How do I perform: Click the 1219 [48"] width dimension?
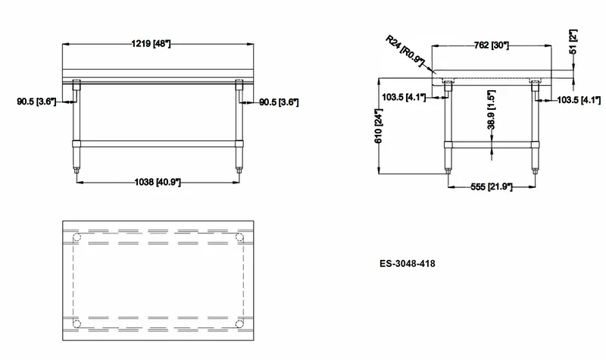[151, 43]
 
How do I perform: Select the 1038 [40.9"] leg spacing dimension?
[158, 182]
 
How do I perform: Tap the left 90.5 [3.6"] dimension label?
[36, 102]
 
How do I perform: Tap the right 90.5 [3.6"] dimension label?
[279, 102]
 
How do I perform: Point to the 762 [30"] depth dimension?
[491, 45]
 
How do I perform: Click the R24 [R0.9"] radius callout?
[405, 50]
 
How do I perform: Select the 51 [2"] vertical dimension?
[573, 42]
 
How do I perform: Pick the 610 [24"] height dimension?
[378, 126]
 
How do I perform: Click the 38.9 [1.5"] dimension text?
[491, 110]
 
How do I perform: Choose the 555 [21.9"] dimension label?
[491, 186]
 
